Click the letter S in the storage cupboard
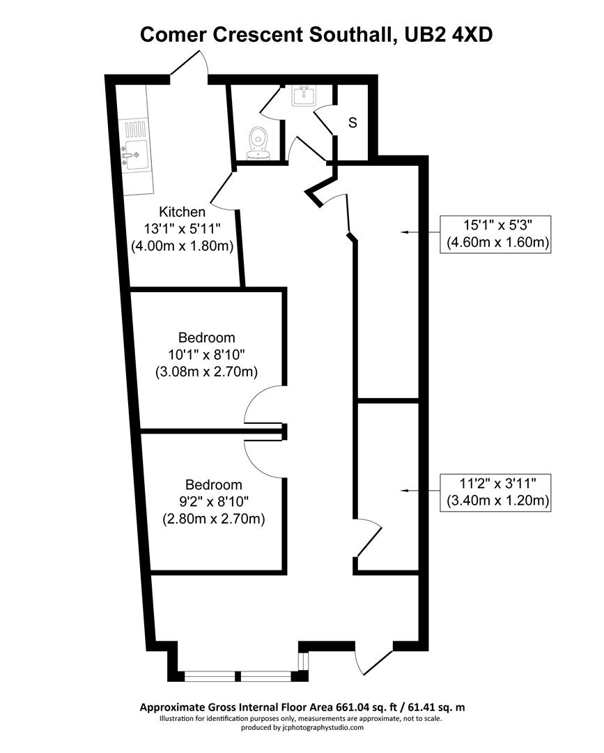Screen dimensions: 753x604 click(353, 123)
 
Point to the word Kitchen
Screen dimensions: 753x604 click(183, 212)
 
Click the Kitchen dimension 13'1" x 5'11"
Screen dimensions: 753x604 click(183, 229)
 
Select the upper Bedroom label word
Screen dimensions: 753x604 click(206, 337)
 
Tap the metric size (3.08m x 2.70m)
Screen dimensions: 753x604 click(206, 372)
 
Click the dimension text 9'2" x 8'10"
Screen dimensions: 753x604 click(213, 502)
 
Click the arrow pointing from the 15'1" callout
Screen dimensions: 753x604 click(417, 231)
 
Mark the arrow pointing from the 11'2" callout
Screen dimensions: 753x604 click(417, 492)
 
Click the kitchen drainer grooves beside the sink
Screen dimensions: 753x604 click(134, 129)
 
